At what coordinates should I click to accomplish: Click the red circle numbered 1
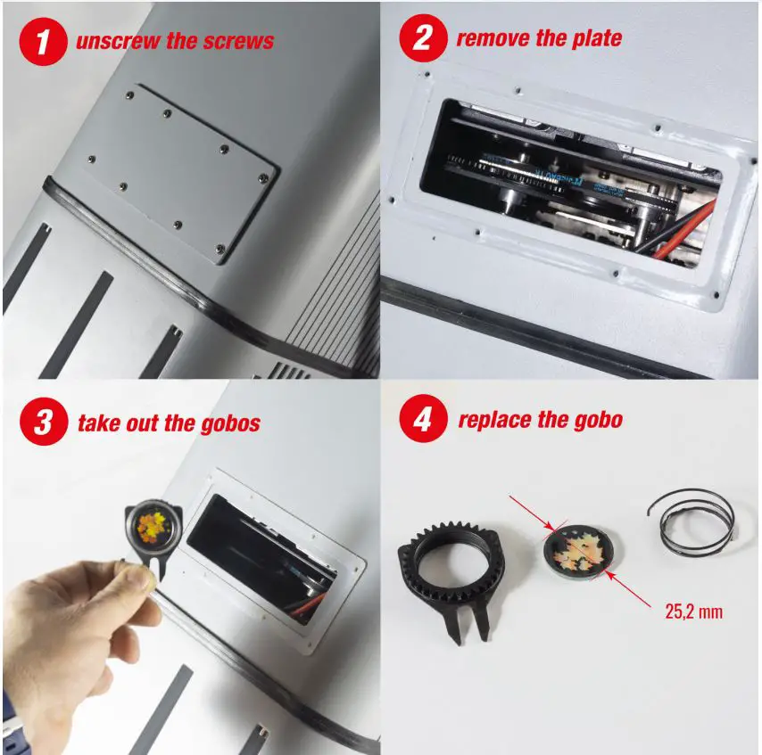coord(44,42)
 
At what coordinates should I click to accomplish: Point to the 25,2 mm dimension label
coord(693,612)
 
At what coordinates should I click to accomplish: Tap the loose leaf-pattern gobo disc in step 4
coord(577,554)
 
